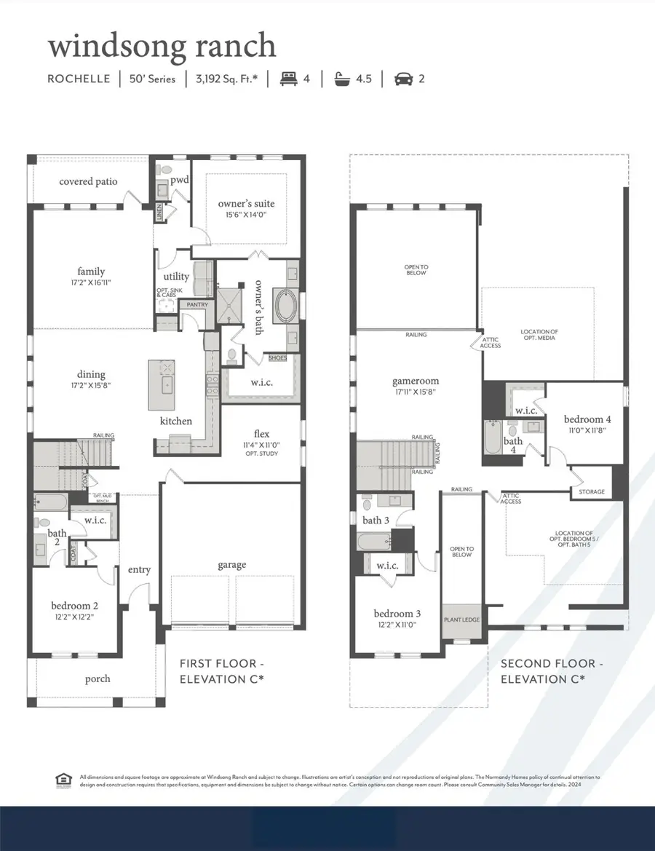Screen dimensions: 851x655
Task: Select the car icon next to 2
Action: coord(402,79)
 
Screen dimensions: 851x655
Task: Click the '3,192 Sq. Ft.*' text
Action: coord(226,79)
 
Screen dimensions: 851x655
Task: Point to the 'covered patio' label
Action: coord(88,181)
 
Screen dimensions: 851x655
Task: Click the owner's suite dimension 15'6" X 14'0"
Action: coord(246,215)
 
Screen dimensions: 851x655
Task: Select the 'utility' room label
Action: coord(176,277)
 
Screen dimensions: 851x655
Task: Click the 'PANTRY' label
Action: coord(196,305)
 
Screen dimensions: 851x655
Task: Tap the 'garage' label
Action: coord(231,564)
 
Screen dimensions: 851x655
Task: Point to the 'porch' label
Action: coord(98,678)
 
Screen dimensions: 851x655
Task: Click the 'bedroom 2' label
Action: coord(74,606)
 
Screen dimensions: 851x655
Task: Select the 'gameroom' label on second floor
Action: coord(416,381)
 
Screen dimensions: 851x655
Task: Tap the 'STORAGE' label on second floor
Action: coord(591,491)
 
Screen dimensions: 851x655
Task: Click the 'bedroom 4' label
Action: coord(587,419)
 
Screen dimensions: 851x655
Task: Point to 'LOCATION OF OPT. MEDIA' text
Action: coord(539,336)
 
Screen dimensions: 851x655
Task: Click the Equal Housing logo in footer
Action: coord(63,780)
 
